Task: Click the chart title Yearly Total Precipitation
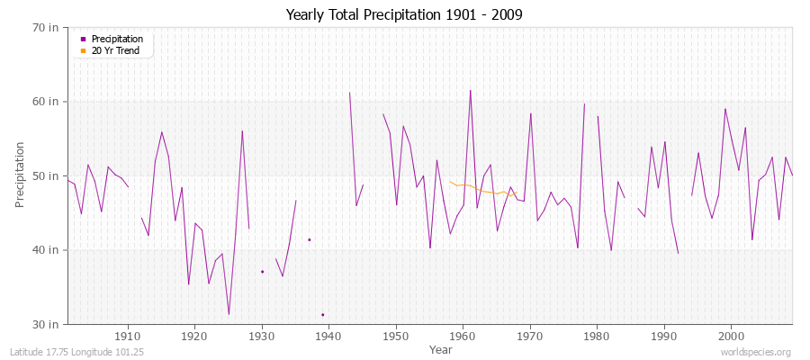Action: coord(404,14)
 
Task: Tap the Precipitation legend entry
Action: coord(117,39)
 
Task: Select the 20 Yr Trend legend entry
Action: coord(116,50)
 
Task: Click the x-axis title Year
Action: coord(441,348)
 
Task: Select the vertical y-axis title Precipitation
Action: coord(21,175)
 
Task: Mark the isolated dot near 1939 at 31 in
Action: coord(322,314)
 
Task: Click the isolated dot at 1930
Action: coord(262,271)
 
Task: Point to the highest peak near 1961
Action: coord(470,90)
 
